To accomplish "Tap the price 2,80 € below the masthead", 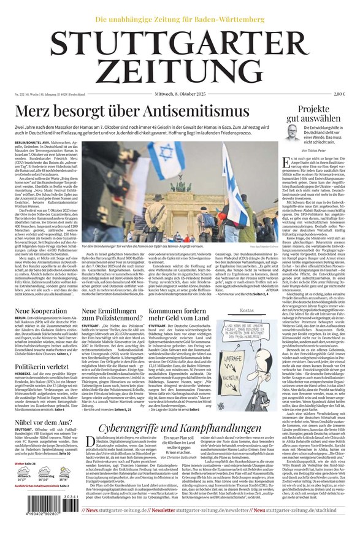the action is (339, 94).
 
